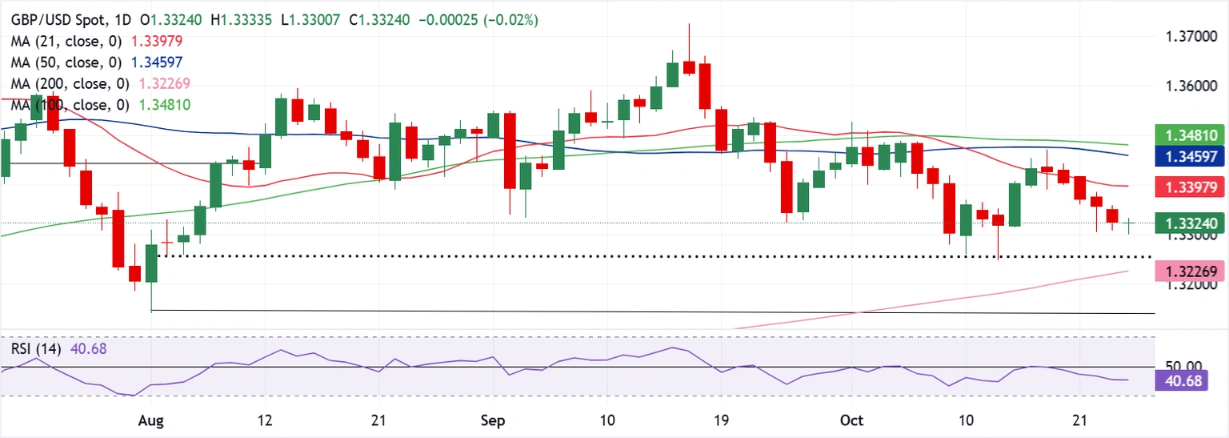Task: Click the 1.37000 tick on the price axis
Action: pos(1187,37)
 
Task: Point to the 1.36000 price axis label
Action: pos(1187,86)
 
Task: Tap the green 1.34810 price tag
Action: pos(1190,137)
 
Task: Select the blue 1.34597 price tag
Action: pos(1190,158)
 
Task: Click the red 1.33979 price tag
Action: pos(1190,187)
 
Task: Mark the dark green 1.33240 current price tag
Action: pos(1190,225)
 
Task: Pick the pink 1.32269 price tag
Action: pos(1190,274)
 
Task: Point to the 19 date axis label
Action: pos(722,421)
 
